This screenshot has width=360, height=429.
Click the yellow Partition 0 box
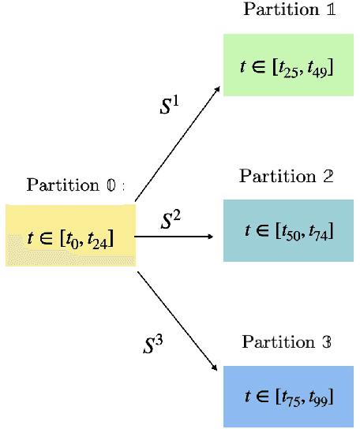click(70, 235)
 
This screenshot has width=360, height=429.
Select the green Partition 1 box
click(287, 65)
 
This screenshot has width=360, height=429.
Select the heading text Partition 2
click(286, 175)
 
